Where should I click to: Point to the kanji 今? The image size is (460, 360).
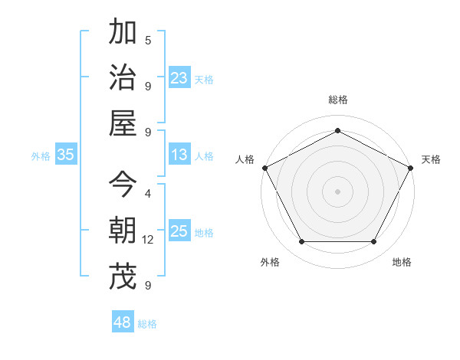[x=123, y=185]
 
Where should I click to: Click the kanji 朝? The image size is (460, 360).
[x=123, y=231]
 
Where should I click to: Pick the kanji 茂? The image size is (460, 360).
[x=123, y=277]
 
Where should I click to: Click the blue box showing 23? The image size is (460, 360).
[x=179, y=78]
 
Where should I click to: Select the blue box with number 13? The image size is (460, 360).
[x=179, y=155]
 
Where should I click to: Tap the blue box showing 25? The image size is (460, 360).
[x=179, y=231]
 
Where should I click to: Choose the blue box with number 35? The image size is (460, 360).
[x=66, y=155]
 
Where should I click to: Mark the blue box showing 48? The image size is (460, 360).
[x=123, y=322]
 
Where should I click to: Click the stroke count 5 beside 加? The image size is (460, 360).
[x=148, y=40]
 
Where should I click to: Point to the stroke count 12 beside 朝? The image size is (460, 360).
[x=148, y=240]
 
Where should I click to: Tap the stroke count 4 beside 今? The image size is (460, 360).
[x=148, y=194]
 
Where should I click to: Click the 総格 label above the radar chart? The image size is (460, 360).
[x=337, y=100]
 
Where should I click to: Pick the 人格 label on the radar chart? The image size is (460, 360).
[x=245, y=159]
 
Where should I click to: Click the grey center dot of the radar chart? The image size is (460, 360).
[x=337, y=191]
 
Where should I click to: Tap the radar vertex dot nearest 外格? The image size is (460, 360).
[x=301, y=242]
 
